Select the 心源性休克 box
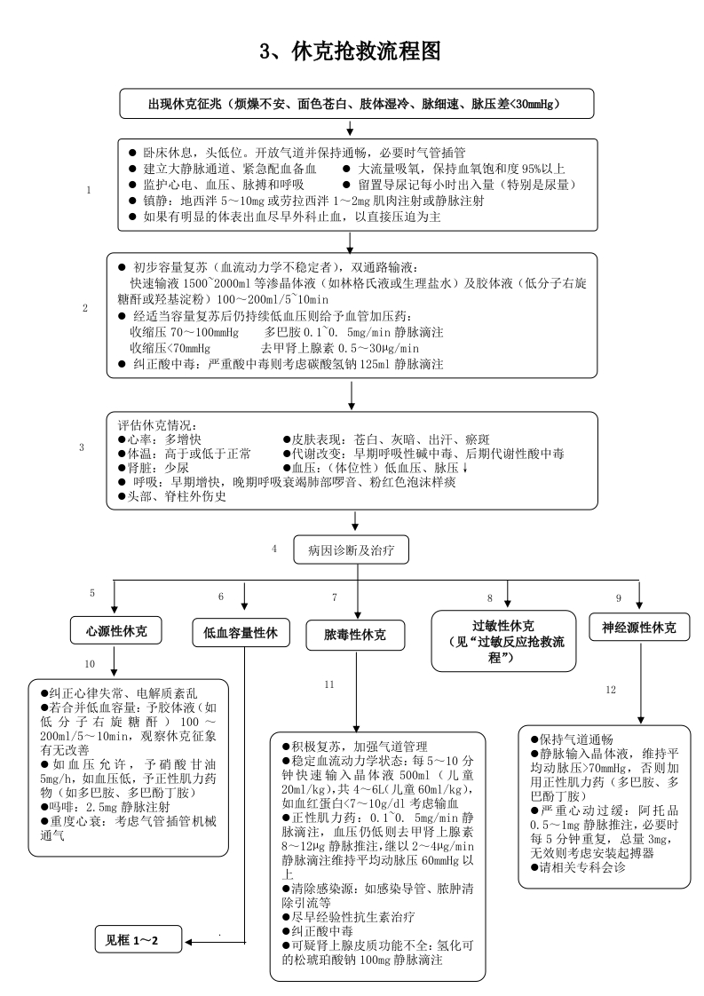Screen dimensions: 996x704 (116, 631)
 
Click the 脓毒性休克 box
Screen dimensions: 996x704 (355, 635)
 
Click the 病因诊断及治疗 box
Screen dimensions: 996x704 (357, 550)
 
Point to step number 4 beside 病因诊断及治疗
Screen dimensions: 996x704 (274, 548)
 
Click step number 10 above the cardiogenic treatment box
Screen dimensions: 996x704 (89, 664)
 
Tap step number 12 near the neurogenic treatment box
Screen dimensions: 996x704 (610, 689)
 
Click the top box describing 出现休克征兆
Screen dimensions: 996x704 (358, 104)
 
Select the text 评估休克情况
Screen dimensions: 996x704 (156, 425)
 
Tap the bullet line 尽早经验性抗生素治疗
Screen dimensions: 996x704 (345, 917)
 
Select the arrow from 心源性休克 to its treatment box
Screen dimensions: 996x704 (115, 660)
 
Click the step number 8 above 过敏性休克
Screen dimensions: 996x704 (489, 598)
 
